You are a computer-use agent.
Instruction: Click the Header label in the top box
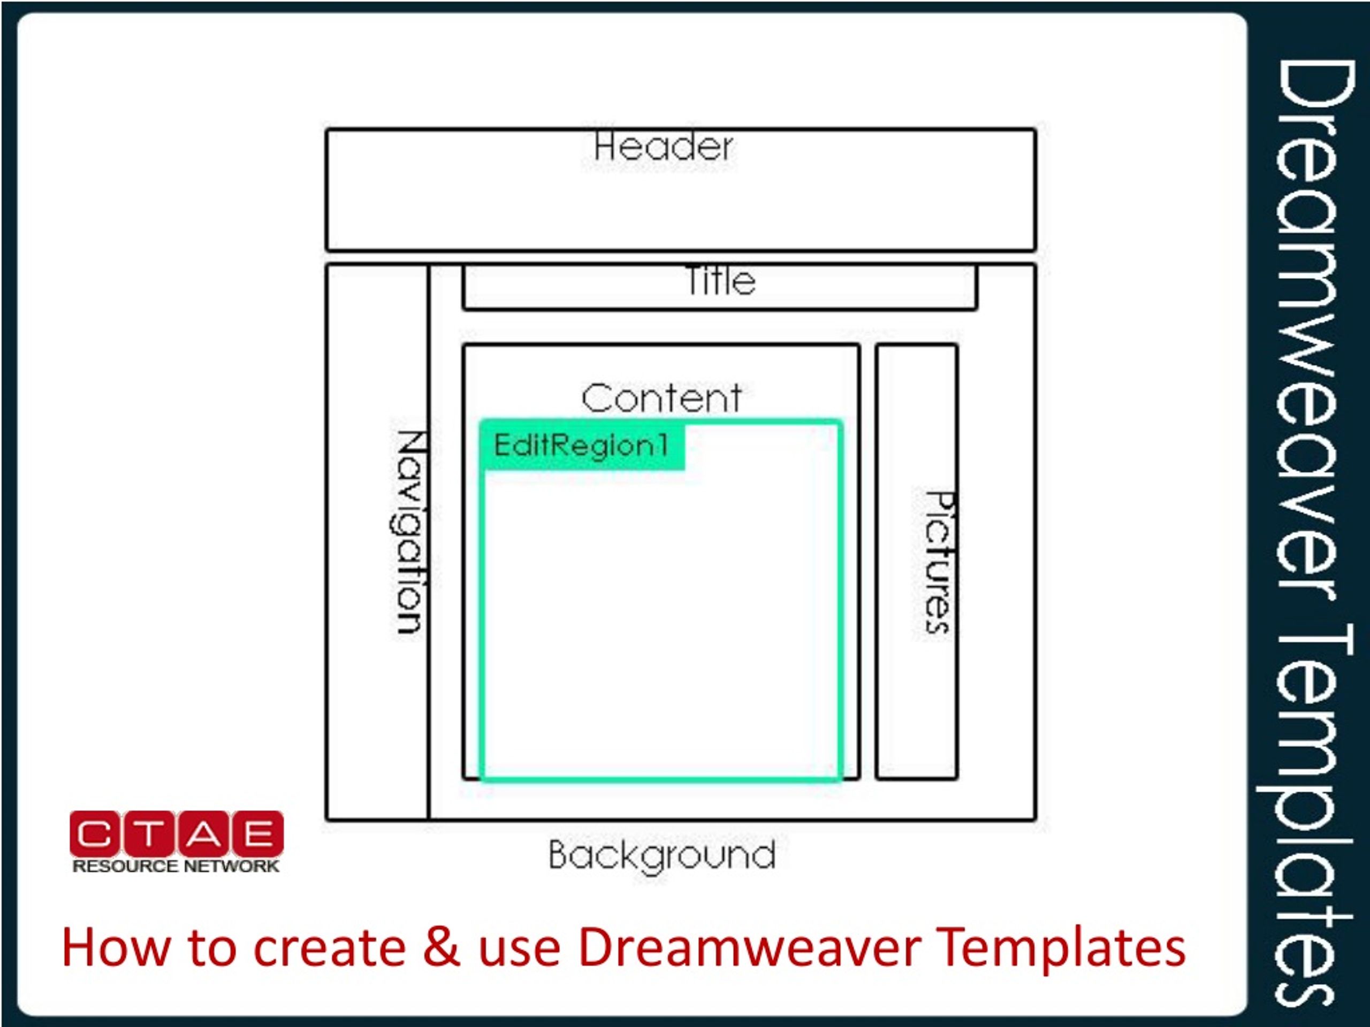(663, 147)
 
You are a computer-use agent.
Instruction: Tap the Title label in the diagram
(720, 280)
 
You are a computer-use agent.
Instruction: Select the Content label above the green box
(661, 397)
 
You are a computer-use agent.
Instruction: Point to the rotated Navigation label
(410, 532)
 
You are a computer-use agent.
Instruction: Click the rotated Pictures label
(939, 562)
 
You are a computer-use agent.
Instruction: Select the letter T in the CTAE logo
(149, 834)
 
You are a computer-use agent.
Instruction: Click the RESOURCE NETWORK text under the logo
(176, 867)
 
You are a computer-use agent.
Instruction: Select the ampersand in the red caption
(442, 947)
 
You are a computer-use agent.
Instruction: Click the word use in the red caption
(519, 952)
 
